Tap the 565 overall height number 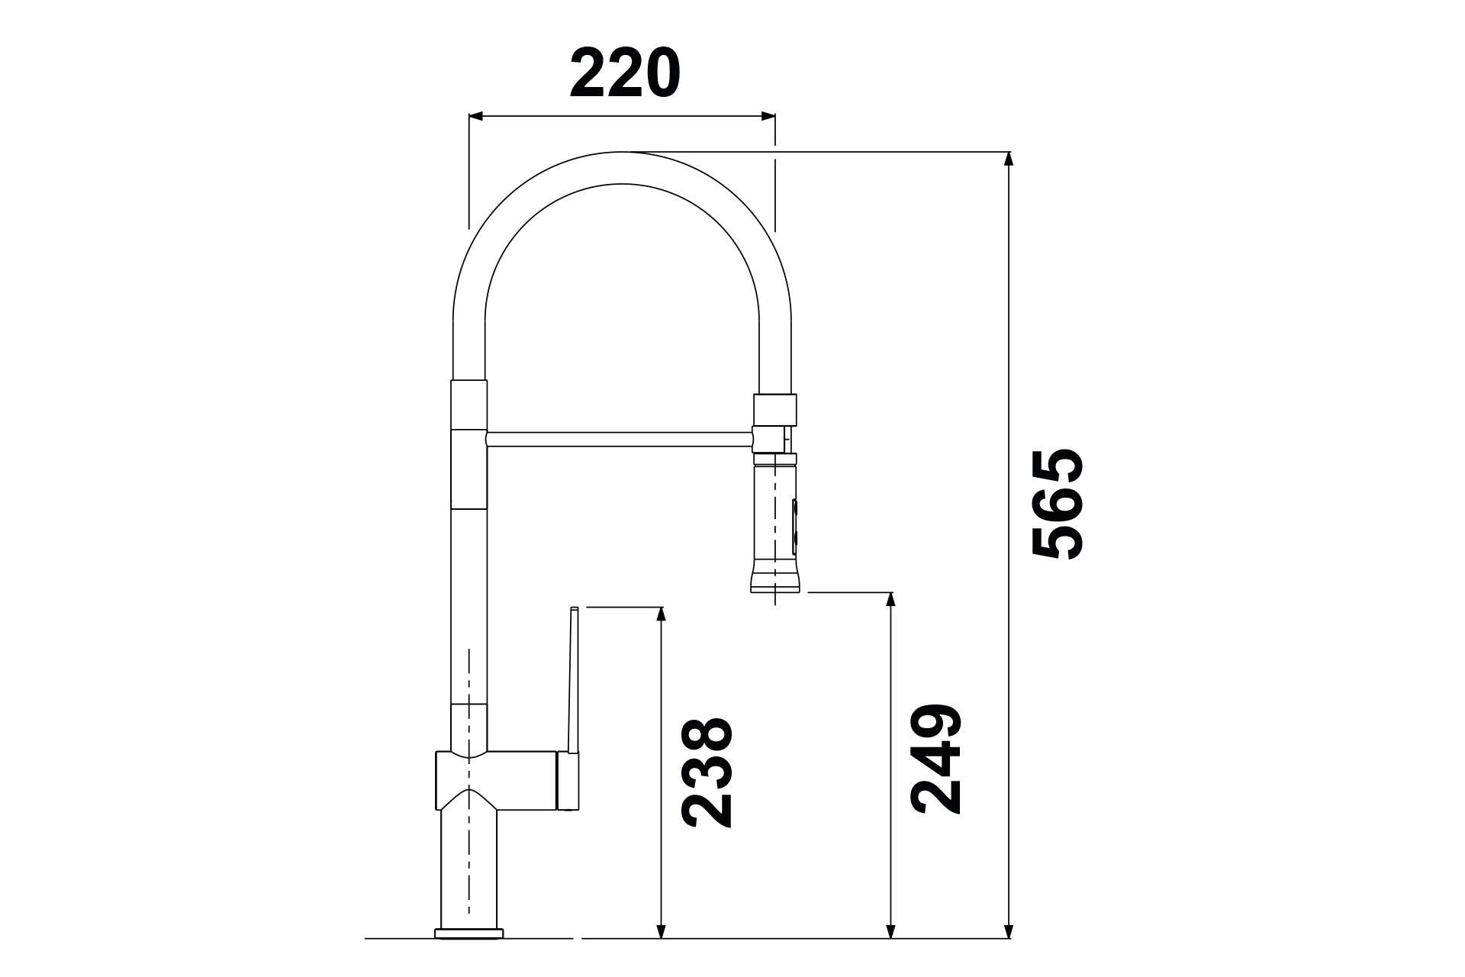click(x=1057, y=504)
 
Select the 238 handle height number click(x=707, y=772)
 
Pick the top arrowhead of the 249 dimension click(x=890, y=600)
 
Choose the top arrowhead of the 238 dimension click(x=662, y=616)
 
